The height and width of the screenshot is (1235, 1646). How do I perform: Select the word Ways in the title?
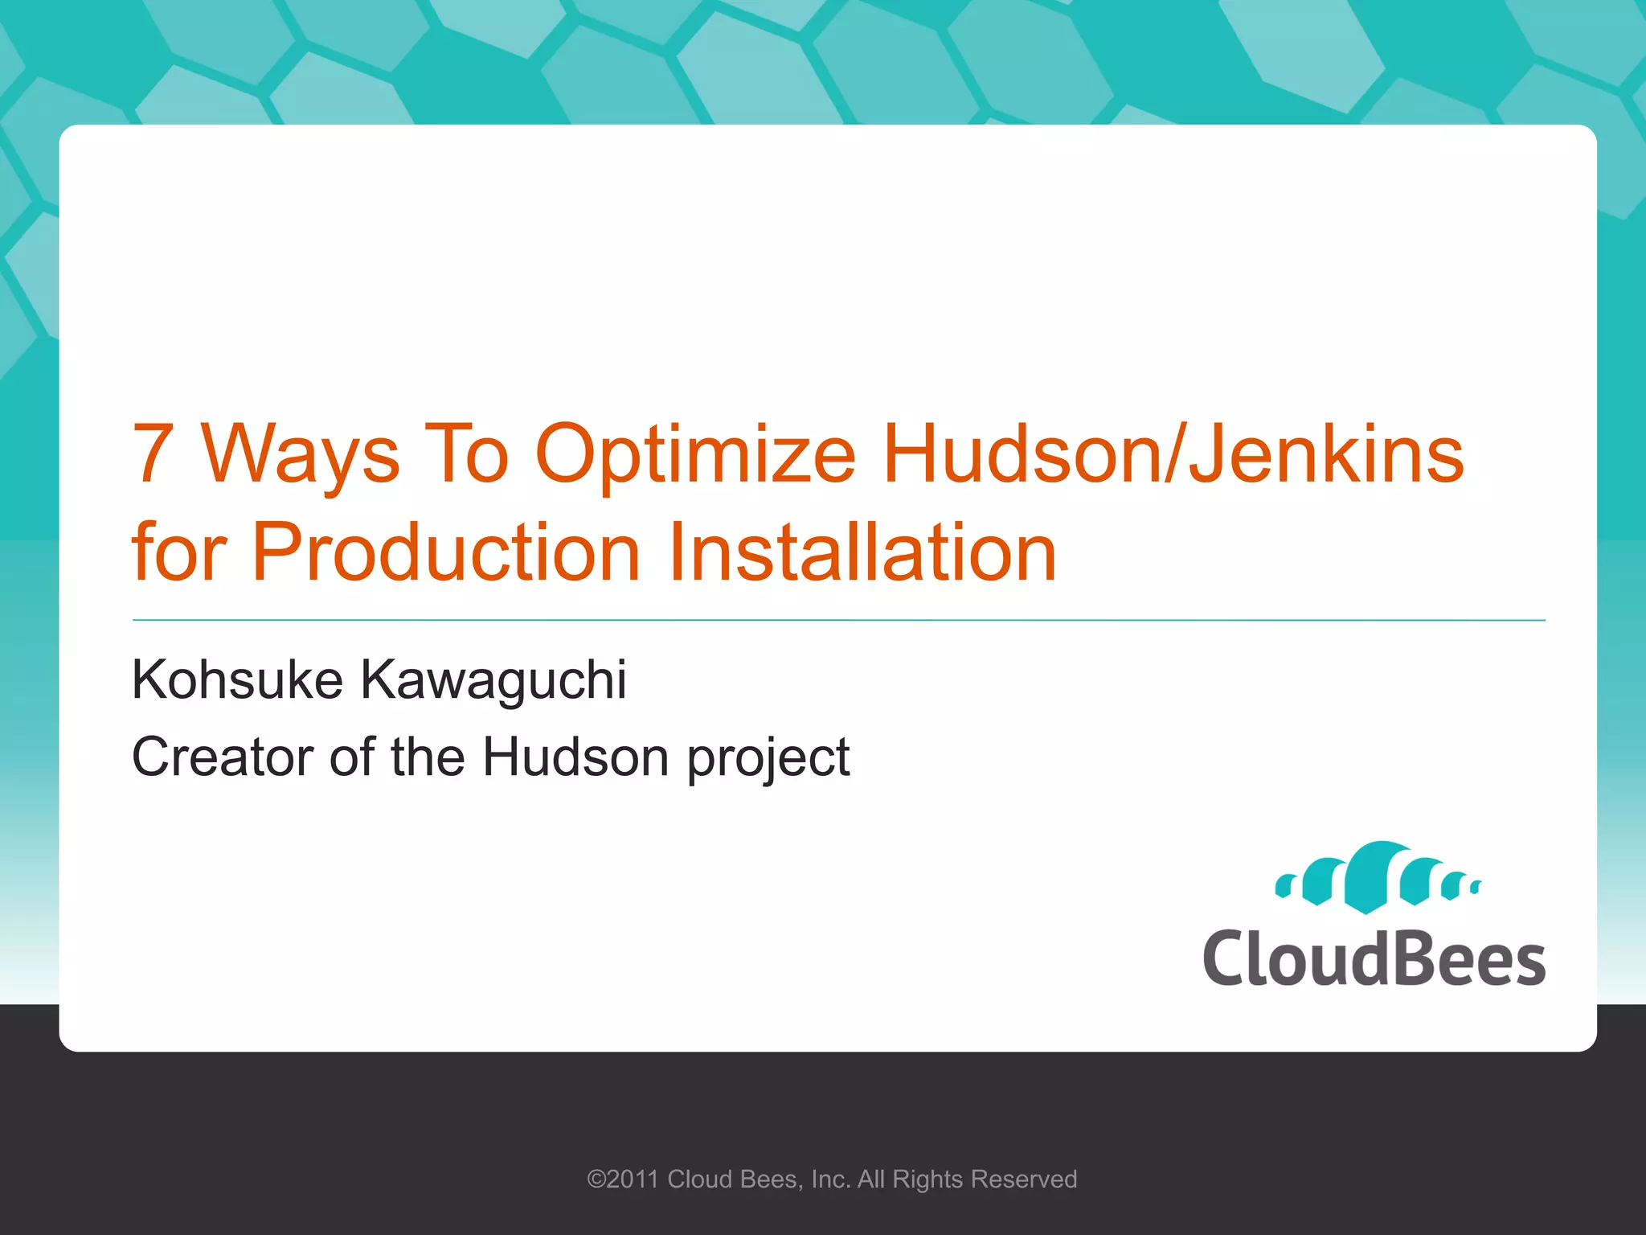300,456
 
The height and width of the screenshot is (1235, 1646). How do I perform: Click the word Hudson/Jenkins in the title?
1173,456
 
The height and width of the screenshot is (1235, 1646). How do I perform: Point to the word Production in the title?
446,552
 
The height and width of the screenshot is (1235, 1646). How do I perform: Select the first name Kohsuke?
238,680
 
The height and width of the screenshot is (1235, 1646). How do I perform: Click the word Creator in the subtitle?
223,757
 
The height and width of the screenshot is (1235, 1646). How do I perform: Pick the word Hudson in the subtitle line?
575,757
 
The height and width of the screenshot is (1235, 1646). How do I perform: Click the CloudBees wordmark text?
1374,958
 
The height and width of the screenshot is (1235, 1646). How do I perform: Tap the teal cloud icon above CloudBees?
1378,878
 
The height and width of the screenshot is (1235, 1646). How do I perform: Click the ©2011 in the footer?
623,1180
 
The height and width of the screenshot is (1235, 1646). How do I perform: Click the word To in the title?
466,456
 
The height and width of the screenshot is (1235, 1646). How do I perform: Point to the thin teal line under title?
838,621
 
